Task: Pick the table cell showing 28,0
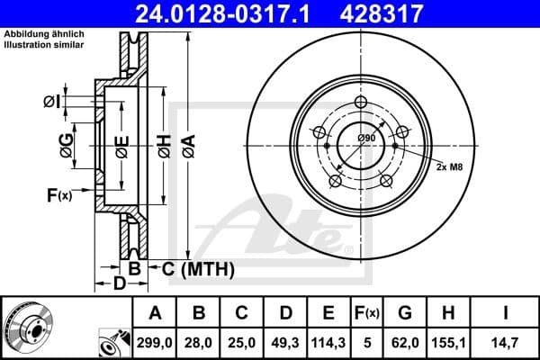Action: click(199, 341)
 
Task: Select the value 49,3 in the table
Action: click(285, 341)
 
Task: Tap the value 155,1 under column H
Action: click(450, 341)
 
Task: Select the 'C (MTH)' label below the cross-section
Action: click(198, 268)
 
